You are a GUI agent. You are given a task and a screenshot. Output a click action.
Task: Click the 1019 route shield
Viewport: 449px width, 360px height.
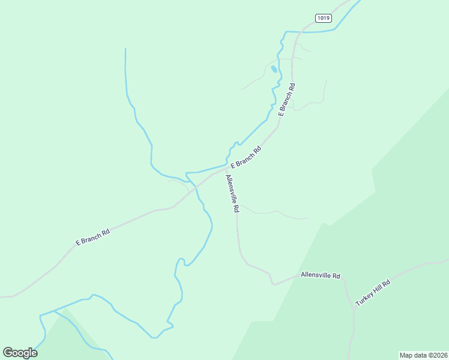324,18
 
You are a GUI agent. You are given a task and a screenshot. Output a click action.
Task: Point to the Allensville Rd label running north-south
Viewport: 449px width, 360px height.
232,194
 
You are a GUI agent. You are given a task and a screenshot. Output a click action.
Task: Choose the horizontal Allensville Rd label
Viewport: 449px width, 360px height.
321,276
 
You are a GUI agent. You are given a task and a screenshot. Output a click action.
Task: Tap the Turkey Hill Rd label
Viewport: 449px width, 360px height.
373,293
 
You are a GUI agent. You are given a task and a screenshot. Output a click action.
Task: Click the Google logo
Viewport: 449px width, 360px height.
20,353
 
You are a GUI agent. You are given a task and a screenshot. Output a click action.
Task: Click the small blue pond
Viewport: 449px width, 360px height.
274,69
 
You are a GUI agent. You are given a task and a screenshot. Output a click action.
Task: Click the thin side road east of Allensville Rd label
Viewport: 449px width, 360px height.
276,212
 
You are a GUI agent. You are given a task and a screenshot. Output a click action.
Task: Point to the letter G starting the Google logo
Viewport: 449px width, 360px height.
8,353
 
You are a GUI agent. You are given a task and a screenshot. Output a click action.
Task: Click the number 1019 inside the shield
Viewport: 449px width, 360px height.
324,18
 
